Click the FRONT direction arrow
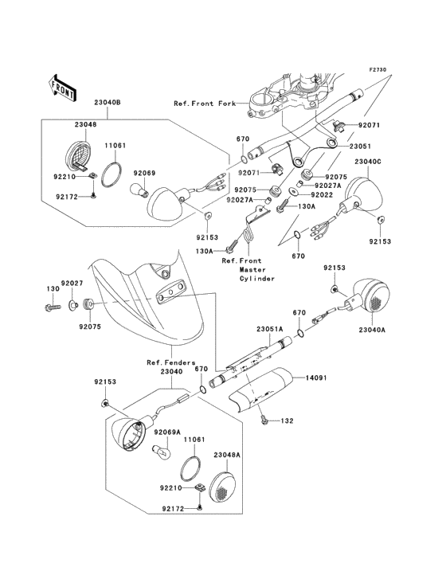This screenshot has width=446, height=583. [x=62, y=88]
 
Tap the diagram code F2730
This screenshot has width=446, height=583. [x=378, y=69]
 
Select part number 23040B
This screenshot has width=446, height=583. [x=108, y=102]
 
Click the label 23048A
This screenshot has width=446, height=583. [x=227, y=455]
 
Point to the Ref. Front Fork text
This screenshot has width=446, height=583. [x=205, y=104]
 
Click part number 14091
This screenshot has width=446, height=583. [x=316, y=378]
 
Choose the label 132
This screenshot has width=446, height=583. [x=287, y=421]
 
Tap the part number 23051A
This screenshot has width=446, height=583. [x=269, y=329]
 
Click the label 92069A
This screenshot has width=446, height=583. [x=167, y=432]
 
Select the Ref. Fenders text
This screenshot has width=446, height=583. [x=171, y=362]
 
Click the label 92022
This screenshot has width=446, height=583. [x=322, y=195]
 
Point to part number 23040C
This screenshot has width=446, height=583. [x=368, y=162]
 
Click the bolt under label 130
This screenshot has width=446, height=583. [x=52, y=308]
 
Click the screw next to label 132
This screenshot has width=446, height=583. [x=264, y=420]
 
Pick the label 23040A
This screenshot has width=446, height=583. [x=372, y=330]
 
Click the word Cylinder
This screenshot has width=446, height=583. [x=256, y=279]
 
